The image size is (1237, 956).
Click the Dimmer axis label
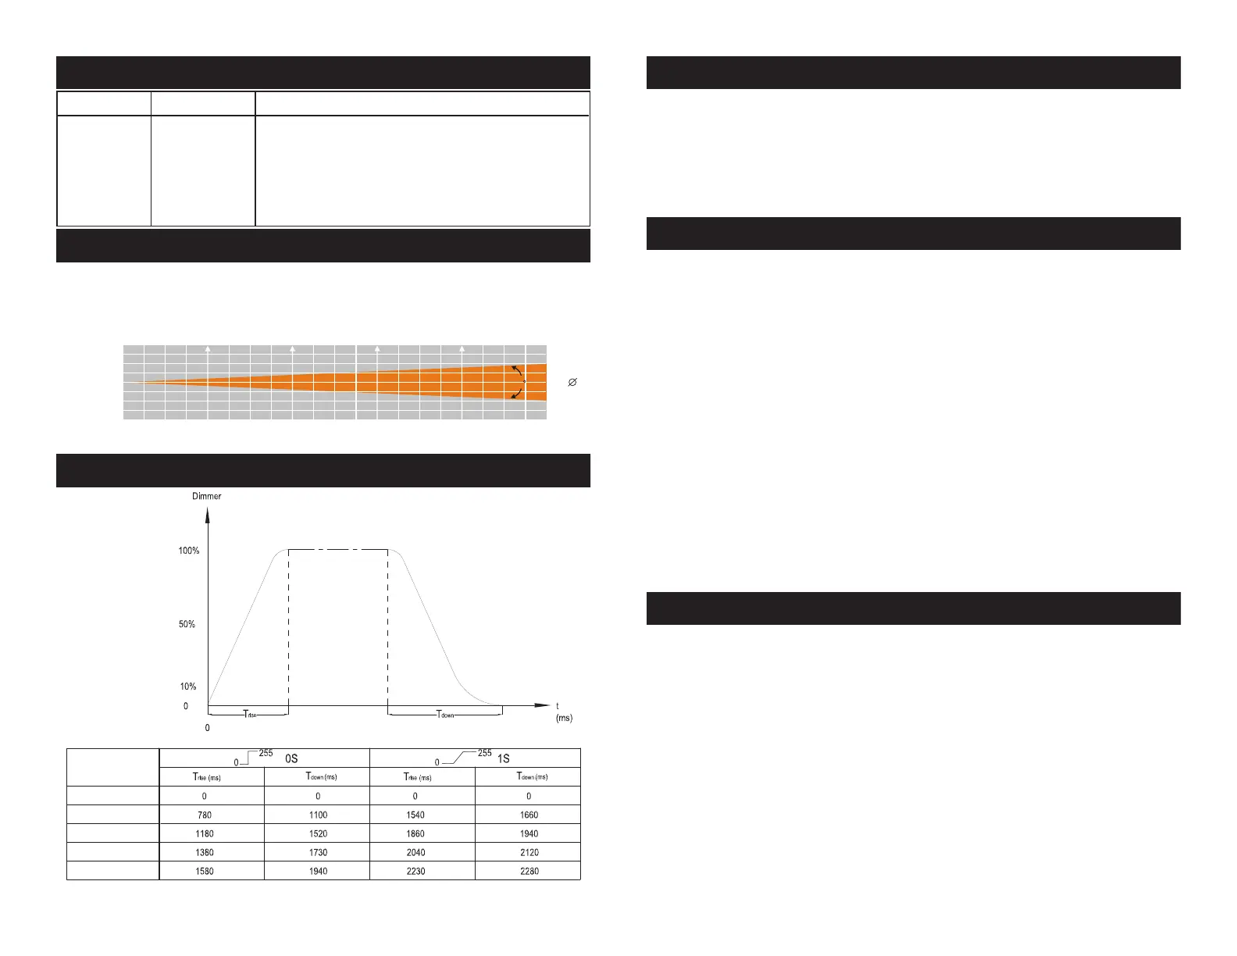[207, 496]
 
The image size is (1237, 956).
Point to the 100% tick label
[189, 551]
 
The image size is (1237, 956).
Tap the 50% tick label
[187, 624]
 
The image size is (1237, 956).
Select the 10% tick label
[188, 686]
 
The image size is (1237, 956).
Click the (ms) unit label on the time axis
[564, 718]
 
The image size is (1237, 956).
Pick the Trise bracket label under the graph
[250, 714]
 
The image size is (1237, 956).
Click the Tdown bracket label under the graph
[445, 714]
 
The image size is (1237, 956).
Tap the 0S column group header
[291, 758]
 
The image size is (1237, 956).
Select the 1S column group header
[504, 758]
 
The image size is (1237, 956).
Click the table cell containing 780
[205, 815]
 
